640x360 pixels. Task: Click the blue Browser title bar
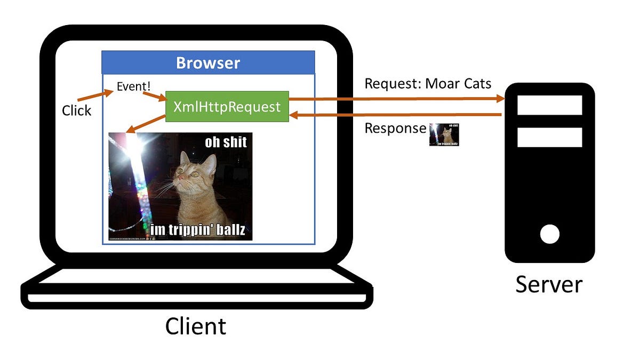tap(208, 63)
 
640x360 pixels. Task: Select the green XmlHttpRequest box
tap(227, 106)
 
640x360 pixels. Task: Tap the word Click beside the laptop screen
tap(76, 110)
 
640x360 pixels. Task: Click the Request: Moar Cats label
tap(428, 84)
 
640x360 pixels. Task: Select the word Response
tap(395, 129)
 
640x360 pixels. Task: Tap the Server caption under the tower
tap(549, 284)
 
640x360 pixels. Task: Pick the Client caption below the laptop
tap(195, 326)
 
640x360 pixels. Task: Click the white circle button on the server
tap(549, 234)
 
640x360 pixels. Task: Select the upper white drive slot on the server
tap(549, 105)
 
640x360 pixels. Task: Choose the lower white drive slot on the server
tap(549, 138)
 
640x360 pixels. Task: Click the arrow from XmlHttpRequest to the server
tap(395, 99)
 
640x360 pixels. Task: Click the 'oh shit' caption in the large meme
tap(226, 142)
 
